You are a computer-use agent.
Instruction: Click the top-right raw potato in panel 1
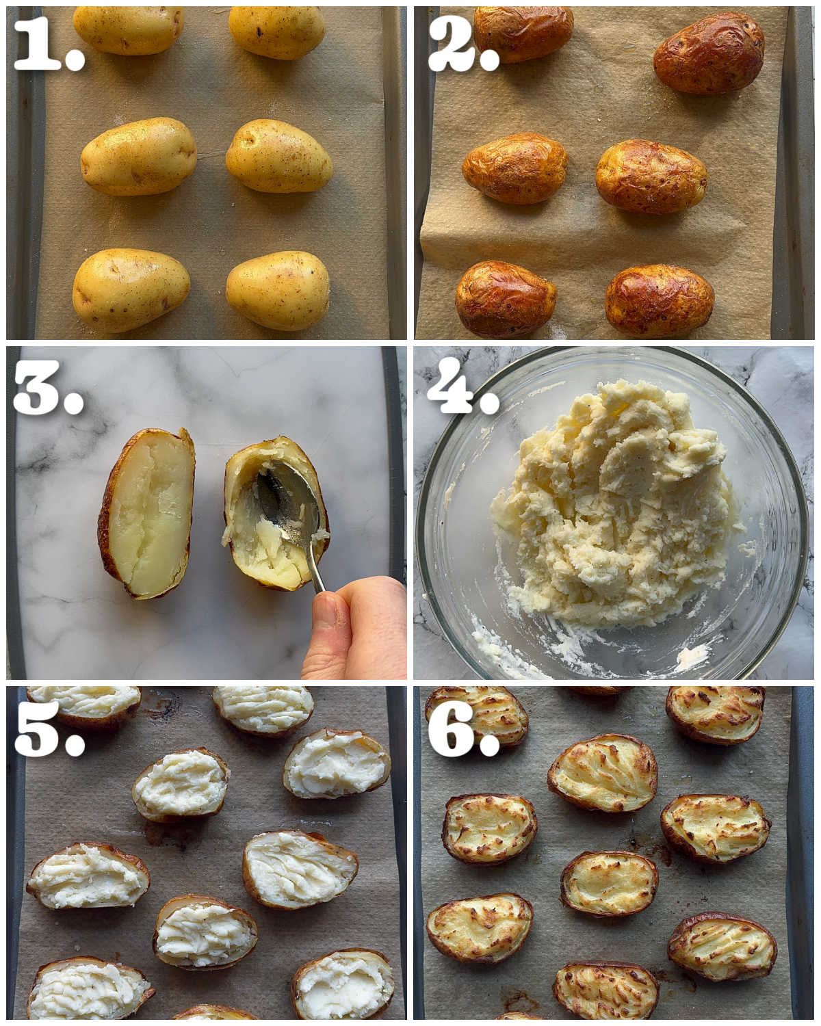276,32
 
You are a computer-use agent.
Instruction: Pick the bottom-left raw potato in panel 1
131,290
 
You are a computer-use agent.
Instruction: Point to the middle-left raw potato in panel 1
138,156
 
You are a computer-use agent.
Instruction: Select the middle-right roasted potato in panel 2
651,176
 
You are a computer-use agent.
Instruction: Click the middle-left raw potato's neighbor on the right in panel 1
278,156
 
